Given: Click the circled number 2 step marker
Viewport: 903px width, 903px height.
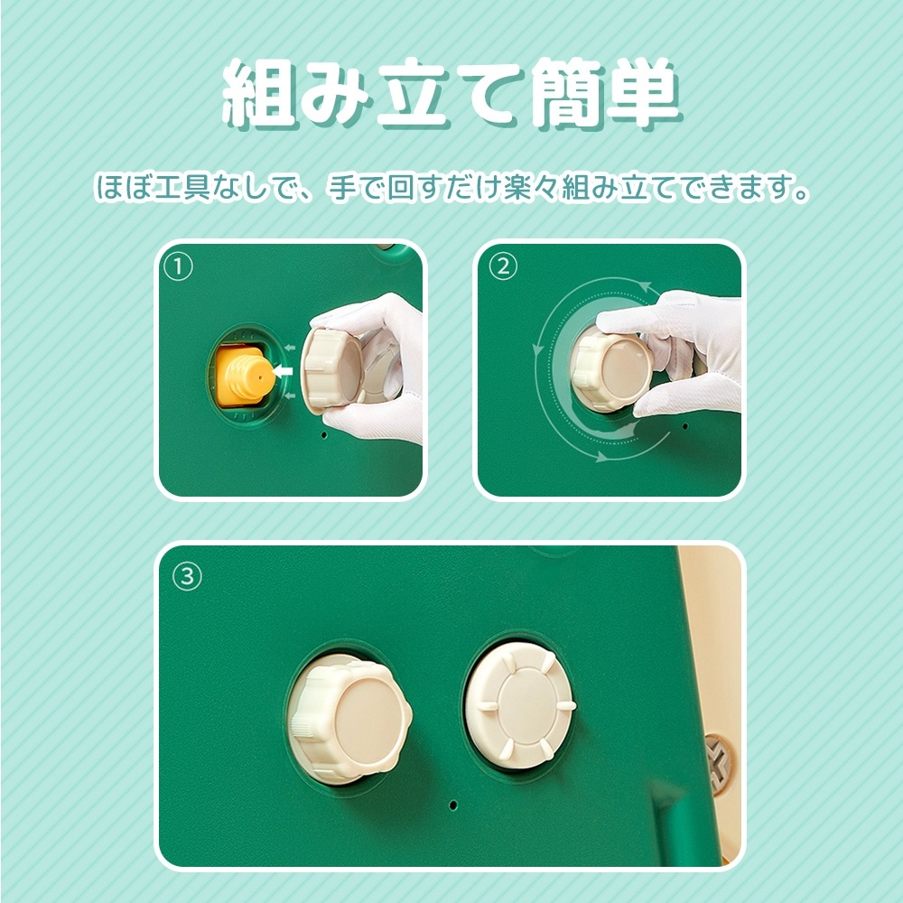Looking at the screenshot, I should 503,266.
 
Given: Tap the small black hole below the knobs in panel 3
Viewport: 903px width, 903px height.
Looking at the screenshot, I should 453,803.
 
